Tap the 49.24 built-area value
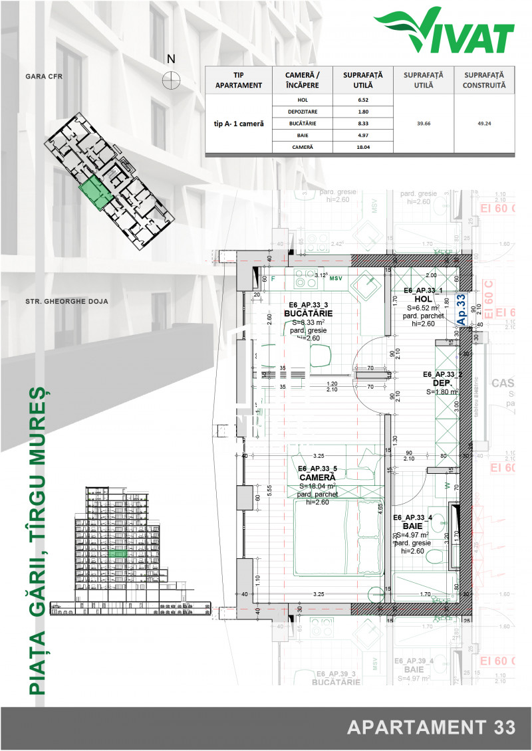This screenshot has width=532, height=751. (x=485, y=123)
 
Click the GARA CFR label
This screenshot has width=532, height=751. (x=44, y=76)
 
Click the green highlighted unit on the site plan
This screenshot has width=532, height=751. (x=94, y=193)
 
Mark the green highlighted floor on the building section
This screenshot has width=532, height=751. (x=118, y=553)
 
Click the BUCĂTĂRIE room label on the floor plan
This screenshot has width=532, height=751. (x=308, y=313)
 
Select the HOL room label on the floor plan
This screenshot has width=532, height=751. (x=424, y=299)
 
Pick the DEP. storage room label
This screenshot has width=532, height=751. (x=442, y=383)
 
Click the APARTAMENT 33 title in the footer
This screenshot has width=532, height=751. (x=431, y=726)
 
